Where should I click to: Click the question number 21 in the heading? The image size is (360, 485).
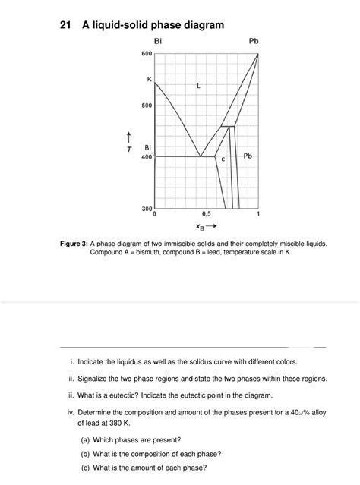click(65, 25)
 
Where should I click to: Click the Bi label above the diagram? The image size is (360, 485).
click(158, 40)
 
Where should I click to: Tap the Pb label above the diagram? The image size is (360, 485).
click(253, 40)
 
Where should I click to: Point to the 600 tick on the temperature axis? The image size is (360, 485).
click(147, 54)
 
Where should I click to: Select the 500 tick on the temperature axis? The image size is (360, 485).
click(147, 106)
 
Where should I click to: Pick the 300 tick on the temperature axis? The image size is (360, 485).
click(147, 207)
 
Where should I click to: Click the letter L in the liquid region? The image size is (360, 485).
click(198, 86)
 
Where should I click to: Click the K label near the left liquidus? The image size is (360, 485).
click(149, 79)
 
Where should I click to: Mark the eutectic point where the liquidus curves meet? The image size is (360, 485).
click(201, 156)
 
